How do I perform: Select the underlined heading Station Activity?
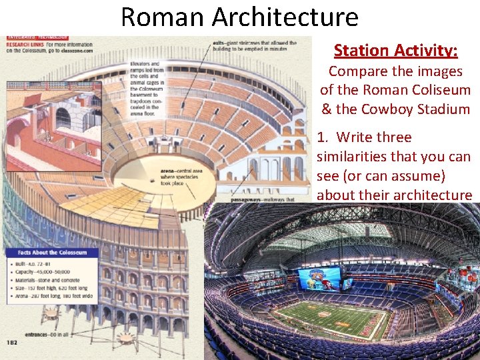(x=395, y=51)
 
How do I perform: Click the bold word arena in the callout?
(x=167, y=171)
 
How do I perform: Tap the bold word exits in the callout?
(x=219, y=41)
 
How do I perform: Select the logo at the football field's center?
(x=326, y=314)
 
